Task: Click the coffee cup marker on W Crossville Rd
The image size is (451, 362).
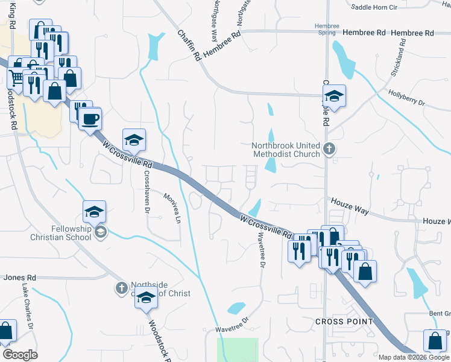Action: [90, 118]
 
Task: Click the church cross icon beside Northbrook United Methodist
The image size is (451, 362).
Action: [329, 148]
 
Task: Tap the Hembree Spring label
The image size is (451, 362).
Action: [328, 30]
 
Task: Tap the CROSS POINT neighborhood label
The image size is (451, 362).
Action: [344, 322]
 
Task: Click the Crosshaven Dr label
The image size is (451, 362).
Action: [146, 191]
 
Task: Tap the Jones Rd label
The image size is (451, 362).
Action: [20, 278]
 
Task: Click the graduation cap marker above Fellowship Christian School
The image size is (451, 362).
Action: [95, 212]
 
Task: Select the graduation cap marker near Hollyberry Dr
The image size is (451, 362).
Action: [333, 96]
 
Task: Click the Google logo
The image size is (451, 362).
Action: [20, 354]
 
